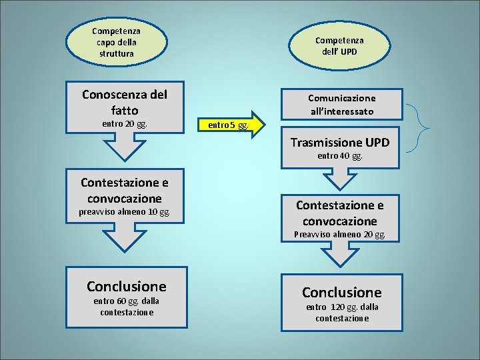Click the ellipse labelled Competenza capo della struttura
tap(113, 41)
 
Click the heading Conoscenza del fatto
tap(124, 102)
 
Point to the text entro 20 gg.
tap(124, 124)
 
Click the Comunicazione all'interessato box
tap(341, 104)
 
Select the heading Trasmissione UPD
tap(340, 142)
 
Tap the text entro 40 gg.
tap(340, 156)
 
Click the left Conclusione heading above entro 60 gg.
tap(126, 286)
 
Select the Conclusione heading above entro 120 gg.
tap(341, 292)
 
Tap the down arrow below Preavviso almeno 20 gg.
tap(341, 255)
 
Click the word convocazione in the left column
tap(124, 198)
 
